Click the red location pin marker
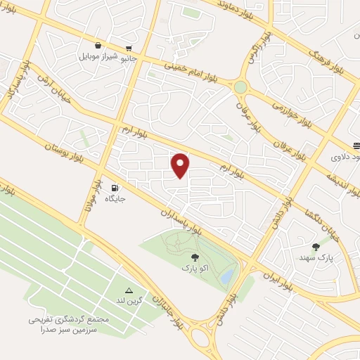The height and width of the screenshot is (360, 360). click(x=181, y=165)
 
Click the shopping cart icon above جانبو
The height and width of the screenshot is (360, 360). click(x=127, y=47)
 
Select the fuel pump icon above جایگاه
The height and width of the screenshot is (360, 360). click(x=115, y=188)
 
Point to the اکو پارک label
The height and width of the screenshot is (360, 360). click(x=195, y=268)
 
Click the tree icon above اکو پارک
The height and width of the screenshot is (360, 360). click(x=195, y=257)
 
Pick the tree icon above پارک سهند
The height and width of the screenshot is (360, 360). click(x=316, y=247)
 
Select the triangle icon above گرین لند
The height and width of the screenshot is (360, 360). click(x=129, y=290)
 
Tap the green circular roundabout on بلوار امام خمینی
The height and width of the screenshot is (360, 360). click(x=240, y=87)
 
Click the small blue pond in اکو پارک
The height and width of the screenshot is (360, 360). click(x=226, y=278)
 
